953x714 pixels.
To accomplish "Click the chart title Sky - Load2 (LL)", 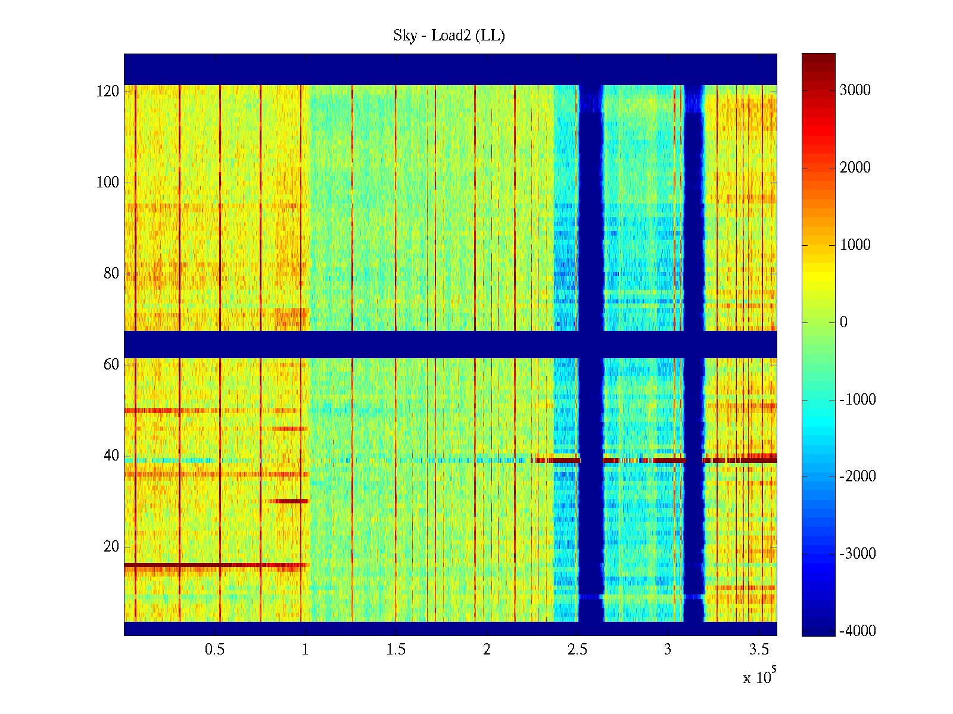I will [449, 36].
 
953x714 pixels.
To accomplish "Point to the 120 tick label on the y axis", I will [108, 92].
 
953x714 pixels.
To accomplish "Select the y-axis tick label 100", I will [108, 183].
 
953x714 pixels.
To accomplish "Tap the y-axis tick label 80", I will [111, 274].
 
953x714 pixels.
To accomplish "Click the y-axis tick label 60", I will [111, 365].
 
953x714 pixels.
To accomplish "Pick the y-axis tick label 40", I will [111, 456].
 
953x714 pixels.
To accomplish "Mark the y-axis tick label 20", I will [111, 547].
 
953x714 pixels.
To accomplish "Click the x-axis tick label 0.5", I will [214, 650].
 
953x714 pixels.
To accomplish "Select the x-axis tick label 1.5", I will [395, 650].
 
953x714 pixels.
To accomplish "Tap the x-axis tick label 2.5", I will [577, 650].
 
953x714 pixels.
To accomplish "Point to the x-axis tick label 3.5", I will [759, 650].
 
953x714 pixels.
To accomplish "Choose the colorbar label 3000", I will [855, 90].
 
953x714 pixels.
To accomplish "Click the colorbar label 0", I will [843, 322].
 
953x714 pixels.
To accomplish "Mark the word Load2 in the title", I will [451, 36].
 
